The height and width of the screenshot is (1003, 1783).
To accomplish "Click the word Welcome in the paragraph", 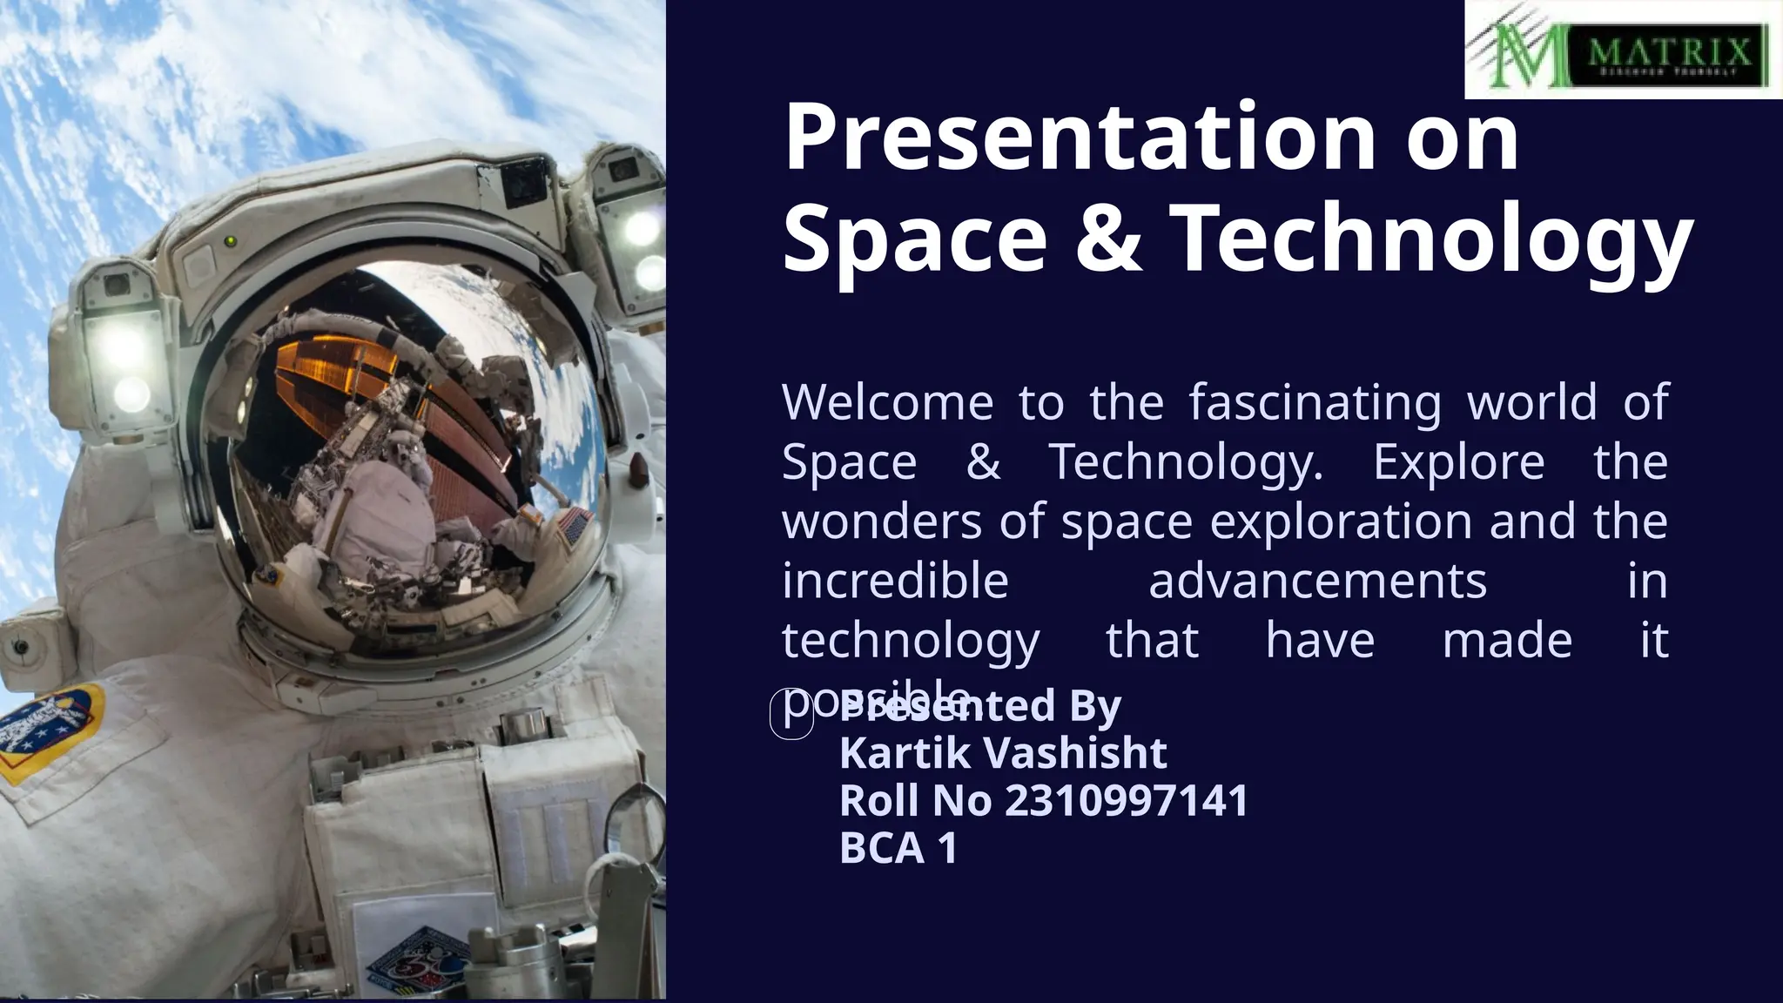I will pyautogui.click(x=886, y=402).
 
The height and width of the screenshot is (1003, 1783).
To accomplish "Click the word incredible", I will pyautogui.click(x=895, y=581).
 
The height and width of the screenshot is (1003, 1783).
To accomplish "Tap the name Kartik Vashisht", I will pyautogui.click(x=1003, y=753).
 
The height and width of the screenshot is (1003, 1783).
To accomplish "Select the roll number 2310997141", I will pyautogui.click(x=1127, y=801).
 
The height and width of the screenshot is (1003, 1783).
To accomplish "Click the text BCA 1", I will pyautogui.click(x=898, y=848).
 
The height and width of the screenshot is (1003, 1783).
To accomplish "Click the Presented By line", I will pyautogui.click(x=981, y=706).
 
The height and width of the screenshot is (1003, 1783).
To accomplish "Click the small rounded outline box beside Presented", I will pyautogui.click(x=791, y=714).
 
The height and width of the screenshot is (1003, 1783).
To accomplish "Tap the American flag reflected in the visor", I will pyautogui.click(x=576, y=525).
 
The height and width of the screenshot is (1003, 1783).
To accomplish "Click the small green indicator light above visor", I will pyautogui.click(x=231, y=241).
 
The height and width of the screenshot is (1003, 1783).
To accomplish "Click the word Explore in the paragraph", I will pyautogui.click(x=1458, y=461).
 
